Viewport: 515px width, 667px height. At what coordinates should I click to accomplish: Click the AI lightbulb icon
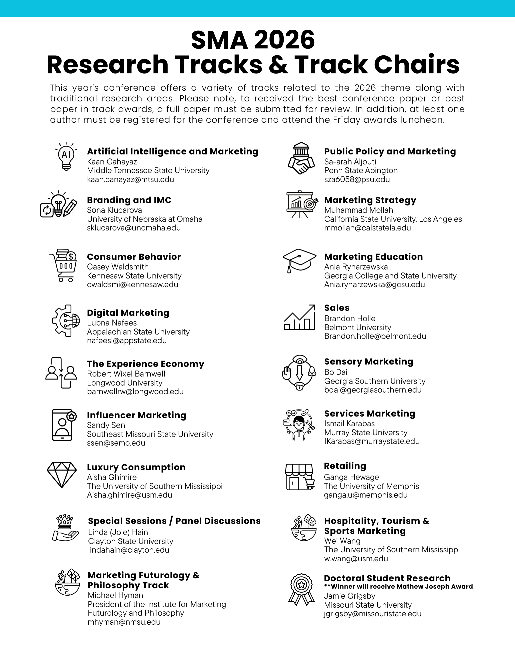click(66, 156)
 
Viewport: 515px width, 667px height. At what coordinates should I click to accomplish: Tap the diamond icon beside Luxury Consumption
click(62, 475)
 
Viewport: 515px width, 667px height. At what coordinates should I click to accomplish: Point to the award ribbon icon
click(301, 589)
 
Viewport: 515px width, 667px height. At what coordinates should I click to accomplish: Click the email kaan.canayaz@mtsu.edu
click(130, 179)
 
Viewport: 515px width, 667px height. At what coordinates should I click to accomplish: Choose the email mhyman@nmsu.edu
click(124, 622)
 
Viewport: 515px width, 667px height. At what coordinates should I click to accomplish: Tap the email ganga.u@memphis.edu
click(366, 495)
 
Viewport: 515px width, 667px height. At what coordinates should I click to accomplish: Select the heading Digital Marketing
click(128, 313)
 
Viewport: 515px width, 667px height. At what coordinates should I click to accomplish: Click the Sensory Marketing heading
click(369, 362)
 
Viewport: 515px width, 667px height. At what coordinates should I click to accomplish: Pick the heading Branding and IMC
click(129, 200)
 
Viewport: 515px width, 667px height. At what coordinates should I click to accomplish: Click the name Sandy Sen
click(106, 425)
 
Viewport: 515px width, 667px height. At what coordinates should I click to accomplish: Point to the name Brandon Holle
click(350, 318)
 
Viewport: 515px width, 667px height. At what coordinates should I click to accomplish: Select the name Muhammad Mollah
click(359, 210)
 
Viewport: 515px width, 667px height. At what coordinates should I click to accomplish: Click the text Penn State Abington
click(361, 170)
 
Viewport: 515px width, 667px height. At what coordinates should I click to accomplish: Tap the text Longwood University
click(125, 383)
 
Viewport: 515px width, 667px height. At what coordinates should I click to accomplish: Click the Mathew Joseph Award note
click(398, 587)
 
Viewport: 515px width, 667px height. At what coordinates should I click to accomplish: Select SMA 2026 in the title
click(253, 40)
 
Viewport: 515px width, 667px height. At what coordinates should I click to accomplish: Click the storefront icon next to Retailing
click(300, 477)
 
